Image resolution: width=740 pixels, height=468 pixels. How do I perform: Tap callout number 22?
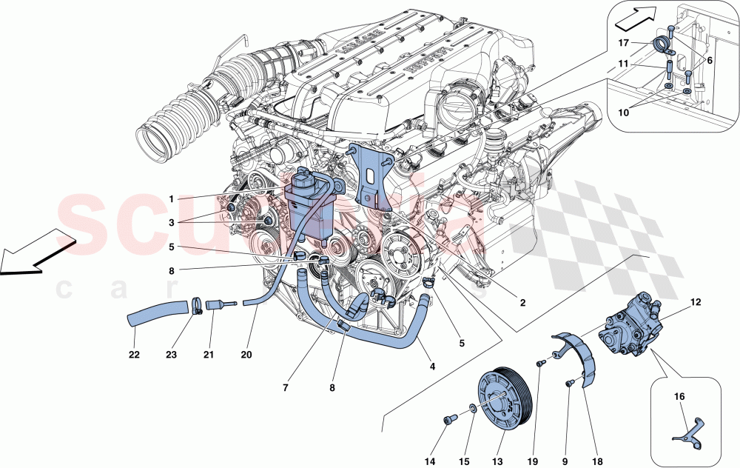pyautogui.click(x=135, y=355)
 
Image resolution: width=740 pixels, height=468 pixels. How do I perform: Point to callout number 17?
pyautogui.click(x=624, y=43)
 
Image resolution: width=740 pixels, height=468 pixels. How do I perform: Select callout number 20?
pyautogui.click(x=246, y=355)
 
